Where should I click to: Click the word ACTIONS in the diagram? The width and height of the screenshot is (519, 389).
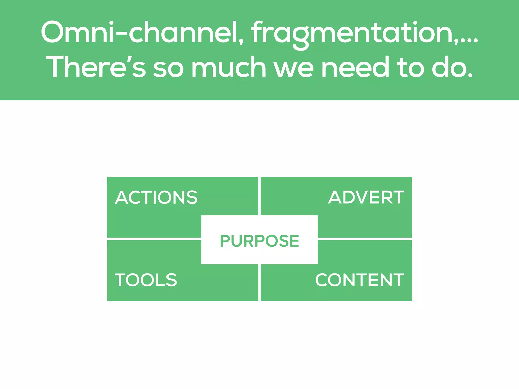[156, 197]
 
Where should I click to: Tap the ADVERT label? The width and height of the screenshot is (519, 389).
[366, 197]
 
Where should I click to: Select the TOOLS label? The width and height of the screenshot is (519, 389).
[146, 280]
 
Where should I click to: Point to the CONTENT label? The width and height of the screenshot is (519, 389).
[359, 280]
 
